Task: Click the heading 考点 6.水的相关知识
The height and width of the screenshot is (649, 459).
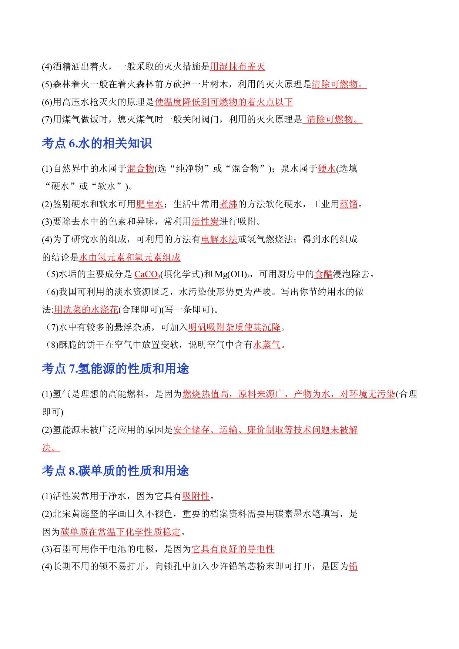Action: (x=97, y=143)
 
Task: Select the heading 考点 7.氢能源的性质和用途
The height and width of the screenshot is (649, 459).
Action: (x=115, y=369)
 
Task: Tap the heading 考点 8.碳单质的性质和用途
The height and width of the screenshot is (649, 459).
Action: (x=115, y=471)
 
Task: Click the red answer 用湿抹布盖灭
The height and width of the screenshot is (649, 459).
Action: (x=238, y=67)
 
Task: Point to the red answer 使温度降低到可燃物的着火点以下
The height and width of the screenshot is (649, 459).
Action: (x=224, y=102)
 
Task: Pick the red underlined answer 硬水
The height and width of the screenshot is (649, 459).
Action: (x=327, y=169)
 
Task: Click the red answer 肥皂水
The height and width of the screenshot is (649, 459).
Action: (x=150, y=204)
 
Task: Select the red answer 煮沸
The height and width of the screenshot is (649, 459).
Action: (x=228, y=204)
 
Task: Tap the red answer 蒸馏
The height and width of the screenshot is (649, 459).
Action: (x=349, y=204)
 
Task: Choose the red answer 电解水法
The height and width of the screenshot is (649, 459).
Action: (x=219, y=239)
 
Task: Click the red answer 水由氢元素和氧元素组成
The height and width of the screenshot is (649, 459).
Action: (x=130, y=257)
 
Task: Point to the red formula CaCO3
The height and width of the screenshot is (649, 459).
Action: (x=147, y=274)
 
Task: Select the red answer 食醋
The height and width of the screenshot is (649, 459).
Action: (x=324, y=274)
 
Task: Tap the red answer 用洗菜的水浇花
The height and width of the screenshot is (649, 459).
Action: (x=86, y=309)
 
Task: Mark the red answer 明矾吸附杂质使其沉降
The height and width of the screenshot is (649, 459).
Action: (x=235, y=327)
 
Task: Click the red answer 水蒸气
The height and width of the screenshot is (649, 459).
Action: (x=267, y=345)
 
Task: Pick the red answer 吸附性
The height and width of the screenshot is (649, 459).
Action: (x=196, y=496)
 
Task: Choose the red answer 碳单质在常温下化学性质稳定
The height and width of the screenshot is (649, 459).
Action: (x=121, y=532)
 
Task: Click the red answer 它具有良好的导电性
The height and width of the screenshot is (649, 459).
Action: (x=233, y=549)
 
